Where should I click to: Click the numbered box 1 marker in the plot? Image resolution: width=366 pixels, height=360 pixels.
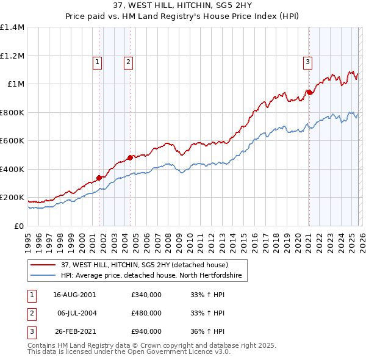(x=98, y=61)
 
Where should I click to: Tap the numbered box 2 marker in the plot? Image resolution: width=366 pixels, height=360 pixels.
(x=129, y=61)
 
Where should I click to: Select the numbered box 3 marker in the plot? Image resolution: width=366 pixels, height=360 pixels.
(x=308, y=61)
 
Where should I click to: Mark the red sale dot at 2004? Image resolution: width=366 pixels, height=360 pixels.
(x=130, y=158)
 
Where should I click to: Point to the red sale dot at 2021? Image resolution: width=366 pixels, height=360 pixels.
(x=309, y=93)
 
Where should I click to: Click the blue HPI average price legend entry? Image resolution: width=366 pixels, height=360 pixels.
(x=151, y=276)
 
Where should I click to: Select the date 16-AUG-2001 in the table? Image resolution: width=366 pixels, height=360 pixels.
(x=74, y=295)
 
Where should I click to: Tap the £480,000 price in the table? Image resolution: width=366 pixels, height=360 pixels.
(x=146, y=313)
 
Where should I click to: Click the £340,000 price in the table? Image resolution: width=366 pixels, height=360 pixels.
(x=146, y=295)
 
